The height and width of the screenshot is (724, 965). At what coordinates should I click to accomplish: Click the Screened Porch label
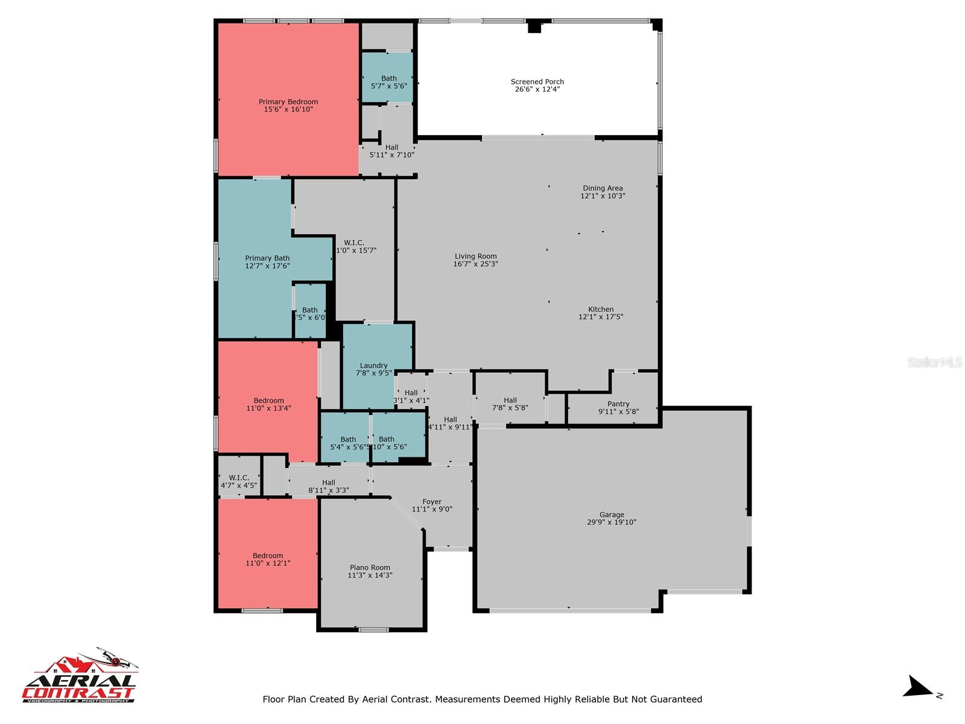[537, 82]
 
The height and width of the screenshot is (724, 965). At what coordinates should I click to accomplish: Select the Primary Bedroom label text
[288, 102]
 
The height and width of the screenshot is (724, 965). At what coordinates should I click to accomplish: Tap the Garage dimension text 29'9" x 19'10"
[612, 522]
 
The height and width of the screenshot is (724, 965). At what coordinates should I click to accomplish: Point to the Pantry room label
[618, 404]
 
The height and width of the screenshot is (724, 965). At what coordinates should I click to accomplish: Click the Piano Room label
[370, 568]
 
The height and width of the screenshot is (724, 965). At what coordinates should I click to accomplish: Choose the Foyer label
[432, 502]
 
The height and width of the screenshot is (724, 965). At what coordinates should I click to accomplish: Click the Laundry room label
[373, 366]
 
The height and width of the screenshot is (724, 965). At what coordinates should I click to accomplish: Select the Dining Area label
[603, 188]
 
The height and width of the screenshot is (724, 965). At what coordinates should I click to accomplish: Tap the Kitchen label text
[601, 310]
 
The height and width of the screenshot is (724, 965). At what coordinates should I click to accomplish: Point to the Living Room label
[475, 256]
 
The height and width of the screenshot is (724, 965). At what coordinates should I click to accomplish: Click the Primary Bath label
[267, 258]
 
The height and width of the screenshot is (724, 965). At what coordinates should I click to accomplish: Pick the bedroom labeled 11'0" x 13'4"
[268, 404]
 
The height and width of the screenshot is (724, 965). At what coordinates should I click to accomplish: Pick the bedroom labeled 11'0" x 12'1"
[268, 559]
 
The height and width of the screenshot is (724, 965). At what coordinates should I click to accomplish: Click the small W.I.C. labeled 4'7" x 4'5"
[239, 481]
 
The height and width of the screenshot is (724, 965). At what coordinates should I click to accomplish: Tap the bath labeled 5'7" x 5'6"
[389, 82]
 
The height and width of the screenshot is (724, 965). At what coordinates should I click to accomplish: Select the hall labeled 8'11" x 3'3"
[329, 486]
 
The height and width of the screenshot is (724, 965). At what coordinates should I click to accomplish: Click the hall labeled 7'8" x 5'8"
[510, 404]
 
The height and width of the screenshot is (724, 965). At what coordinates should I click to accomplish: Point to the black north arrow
[918, 687]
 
